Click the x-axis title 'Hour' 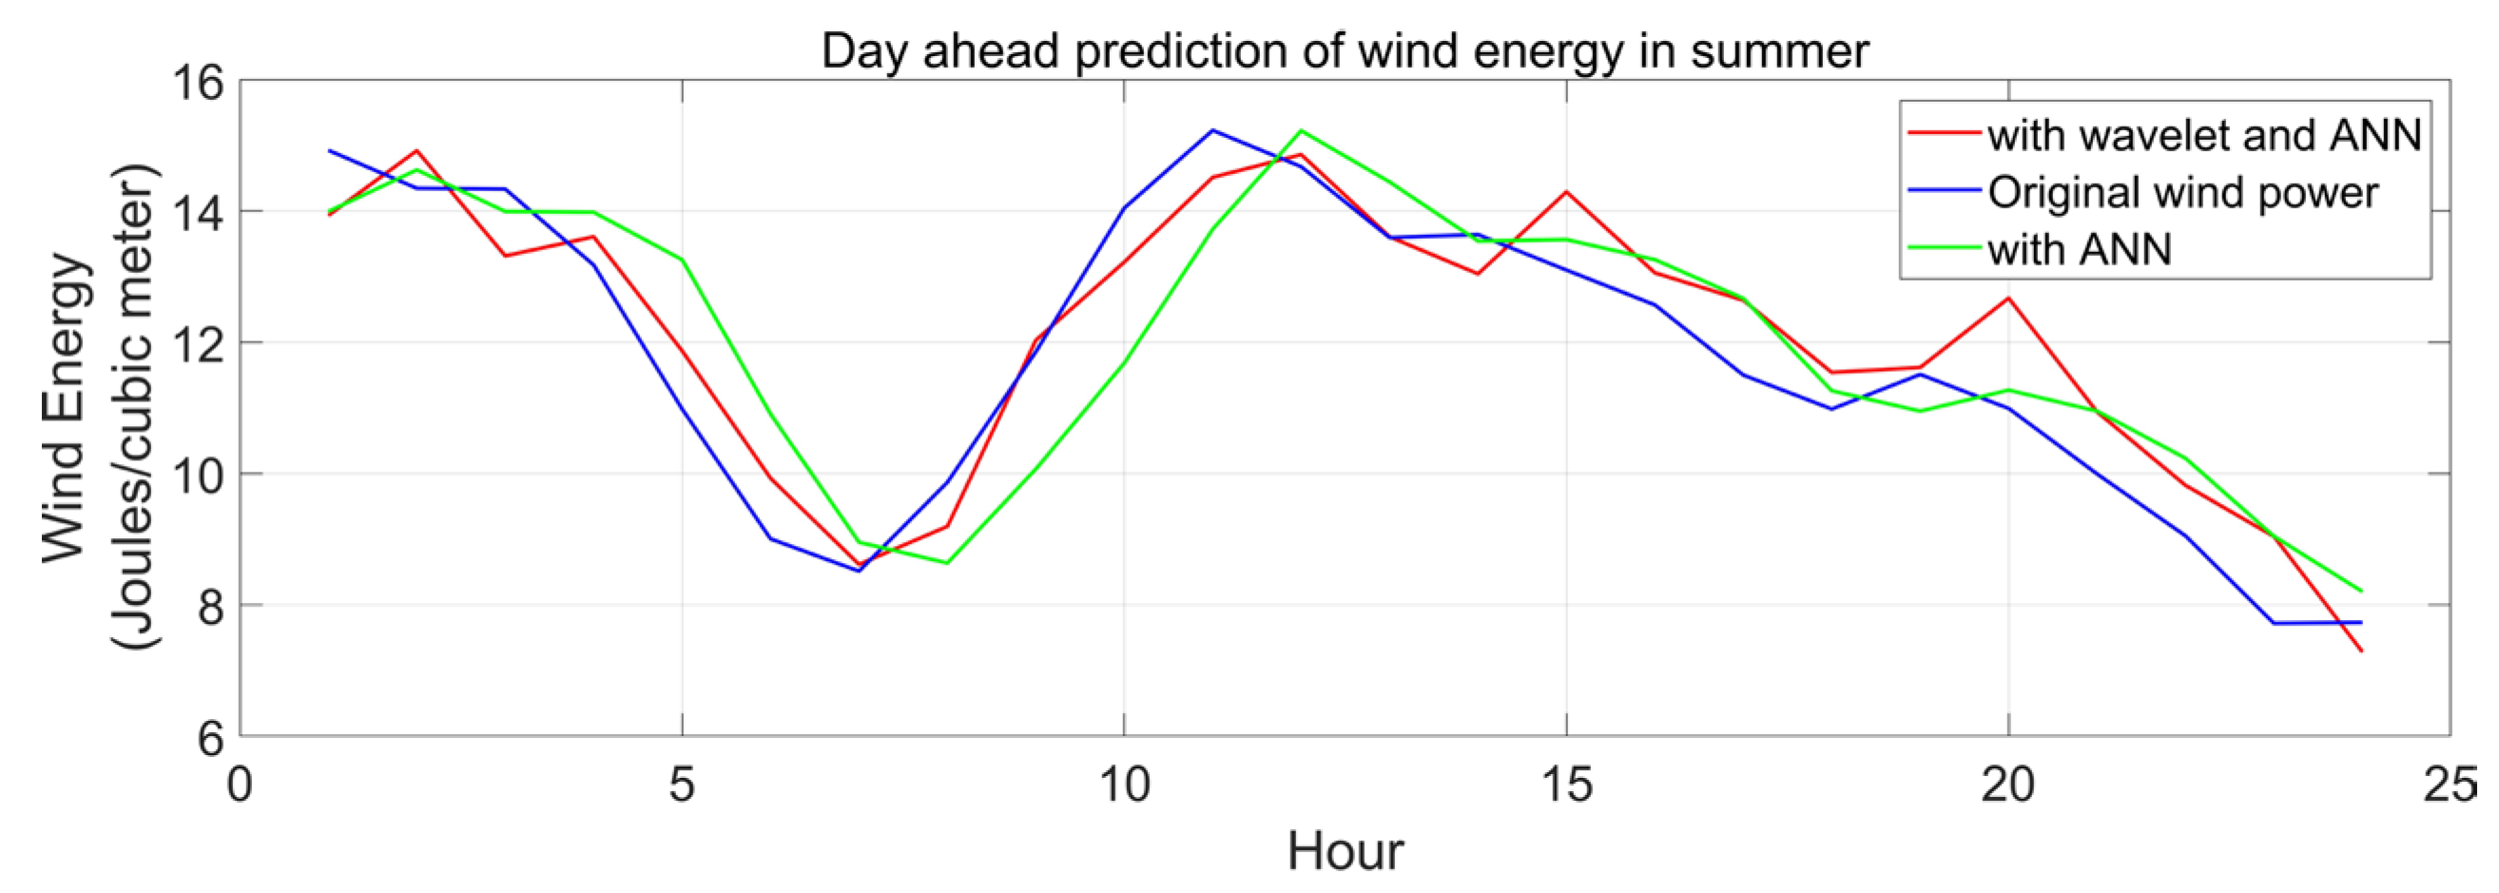1345,852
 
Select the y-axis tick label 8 210,606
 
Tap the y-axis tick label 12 197,343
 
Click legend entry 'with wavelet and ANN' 2203,135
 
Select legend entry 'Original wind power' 2181,192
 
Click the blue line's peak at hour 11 1212,130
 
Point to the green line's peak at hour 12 1301,130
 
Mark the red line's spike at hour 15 1566,191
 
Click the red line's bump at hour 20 2008,297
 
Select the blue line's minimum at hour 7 859,571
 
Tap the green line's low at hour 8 947,563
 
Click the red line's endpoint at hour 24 2361,651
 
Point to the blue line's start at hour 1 329,150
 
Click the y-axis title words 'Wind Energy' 66,408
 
